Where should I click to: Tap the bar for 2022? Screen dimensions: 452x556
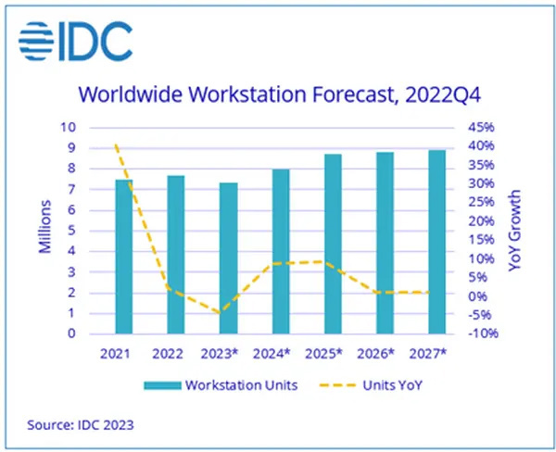point(176,254)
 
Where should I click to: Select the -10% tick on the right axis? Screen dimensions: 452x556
point(484,333)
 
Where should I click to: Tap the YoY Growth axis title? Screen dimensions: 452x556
point(516,231)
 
